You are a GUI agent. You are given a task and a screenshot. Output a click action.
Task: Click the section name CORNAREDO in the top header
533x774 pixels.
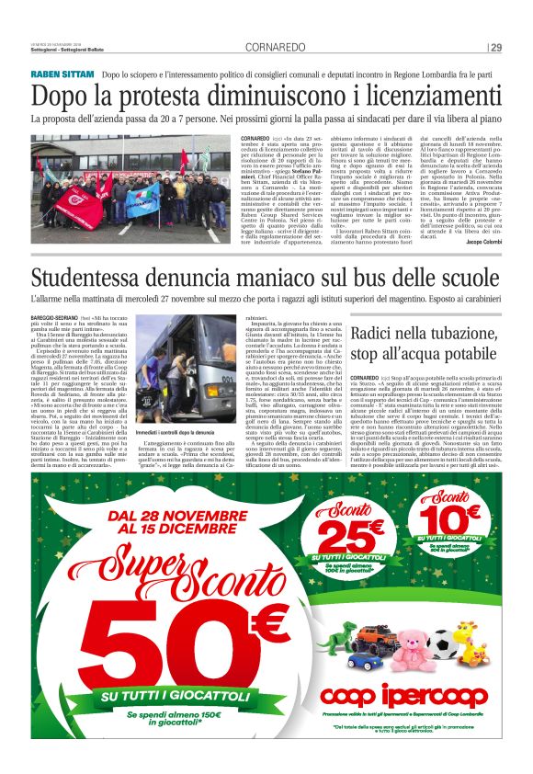click(x=273, y=48)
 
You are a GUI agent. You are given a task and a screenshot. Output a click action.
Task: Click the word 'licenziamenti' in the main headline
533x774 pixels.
click(x=425, y=96)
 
